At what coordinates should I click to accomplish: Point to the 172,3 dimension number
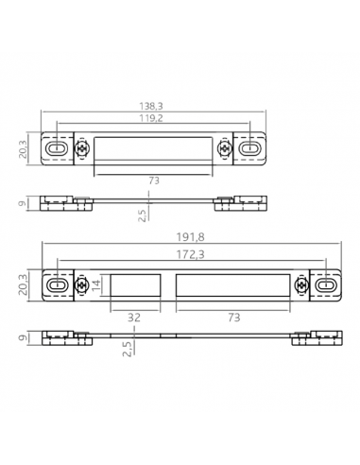tap(194, 256)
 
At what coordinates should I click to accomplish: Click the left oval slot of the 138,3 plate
tap(58, 149)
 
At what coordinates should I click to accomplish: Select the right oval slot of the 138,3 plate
tap(251, 149)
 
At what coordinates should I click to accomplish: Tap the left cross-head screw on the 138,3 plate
tap(81, 149)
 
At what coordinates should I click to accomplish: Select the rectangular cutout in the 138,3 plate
tap(153, 149)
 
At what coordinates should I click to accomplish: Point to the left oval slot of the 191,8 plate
tap(58, 284)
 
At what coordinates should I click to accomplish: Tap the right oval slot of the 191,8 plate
tap(326, 284)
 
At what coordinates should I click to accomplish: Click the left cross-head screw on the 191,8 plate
tap(81, 284)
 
